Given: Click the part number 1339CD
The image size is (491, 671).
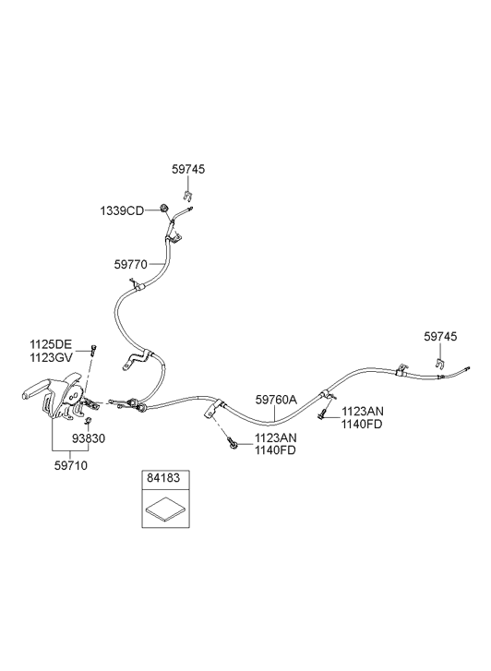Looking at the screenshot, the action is click(x=122, y=211).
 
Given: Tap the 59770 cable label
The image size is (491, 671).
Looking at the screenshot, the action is click(x=130, y=265).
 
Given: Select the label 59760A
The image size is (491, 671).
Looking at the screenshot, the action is click(x=276, y=400).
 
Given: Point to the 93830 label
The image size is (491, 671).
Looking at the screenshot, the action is click(x=89, y=438).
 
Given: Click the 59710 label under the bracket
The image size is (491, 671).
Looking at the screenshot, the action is click(x=71, y=465).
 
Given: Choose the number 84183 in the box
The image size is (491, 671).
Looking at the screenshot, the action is click(x=163, y=477).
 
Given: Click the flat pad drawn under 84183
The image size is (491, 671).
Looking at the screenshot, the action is click(x=165, y=509).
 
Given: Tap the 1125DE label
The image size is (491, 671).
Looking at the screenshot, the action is click(x=51, y=343).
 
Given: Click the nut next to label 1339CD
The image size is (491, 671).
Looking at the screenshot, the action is click(x=164, y=209).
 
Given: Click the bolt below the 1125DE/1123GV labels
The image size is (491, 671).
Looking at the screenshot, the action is click(x=93, y=349).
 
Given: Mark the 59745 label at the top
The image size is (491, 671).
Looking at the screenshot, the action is click(x=188, y=170).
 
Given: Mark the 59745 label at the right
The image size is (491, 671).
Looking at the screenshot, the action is click(x=440, y=336).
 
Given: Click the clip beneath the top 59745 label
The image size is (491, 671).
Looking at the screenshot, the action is click(x=187, y=195).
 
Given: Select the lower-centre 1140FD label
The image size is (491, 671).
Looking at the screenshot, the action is click(x=275, y=450).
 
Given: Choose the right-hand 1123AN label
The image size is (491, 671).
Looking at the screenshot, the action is click(x=363, y=412).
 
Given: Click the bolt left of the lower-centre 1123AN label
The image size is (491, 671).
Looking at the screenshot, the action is click(x=233, y=443).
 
